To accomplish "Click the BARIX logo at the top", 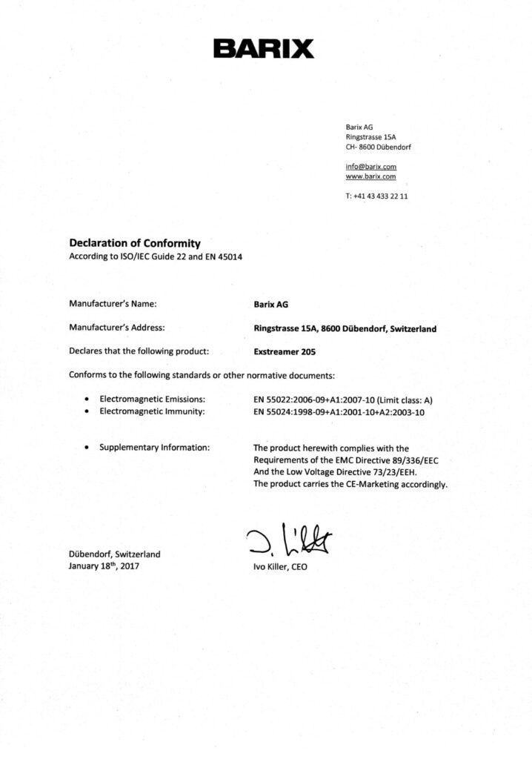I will (x=264, y=50).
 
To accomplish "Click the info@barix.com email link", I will (x=370, y=167).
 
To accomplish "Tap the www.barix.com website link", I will (x=370, y=177).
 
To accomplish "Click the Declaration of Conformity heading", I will (x=135, y=242).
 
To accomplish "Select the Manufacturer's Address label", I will (x=116, y=327).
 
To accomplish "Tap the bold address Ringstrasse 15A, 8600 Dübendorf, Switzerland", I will (x=345, y=328).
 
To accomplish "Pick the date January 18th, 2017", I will (x=104, y=566).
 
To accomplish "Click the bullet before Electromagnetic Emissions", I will (x=87, y=400).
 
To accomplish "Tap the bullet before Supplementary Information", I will (x=87, y=448).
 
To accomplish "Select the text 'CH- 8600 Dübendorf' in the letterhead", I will (x=379, y=147).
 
